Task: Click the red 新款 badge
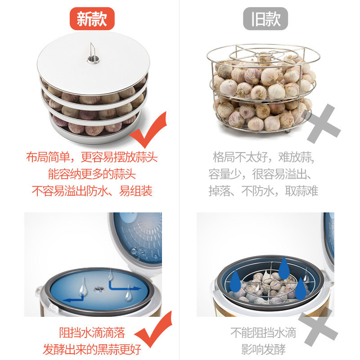tap(92, 18)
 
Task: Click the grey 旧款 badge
tap(265, 18)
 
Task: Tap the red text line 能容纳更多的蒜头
tap(92, 174)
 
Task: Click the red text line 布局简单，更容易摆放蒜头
tap(92, 157)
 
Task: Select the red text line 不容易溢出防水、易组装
tap(92, 191)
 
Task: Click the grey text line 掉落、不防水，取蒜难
tap(263, 191)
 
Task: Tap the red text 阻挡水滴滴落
tap(92, 333)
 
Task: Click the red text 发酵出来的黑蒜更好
tap(92, 350)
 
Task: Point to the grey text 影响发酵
tap(263, 350)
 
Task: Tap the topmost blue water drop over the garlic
tap(284, 268)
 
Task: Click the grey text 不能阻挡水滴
tap(263, 333)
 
